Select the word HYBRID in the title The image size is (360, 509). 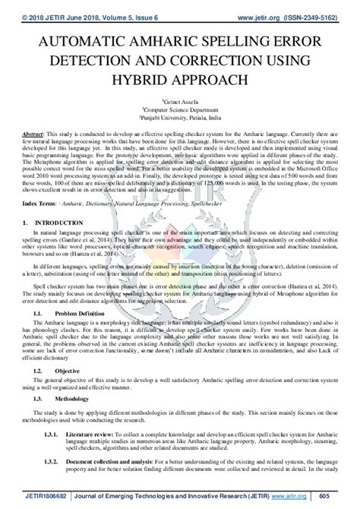tap(148, 79)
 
